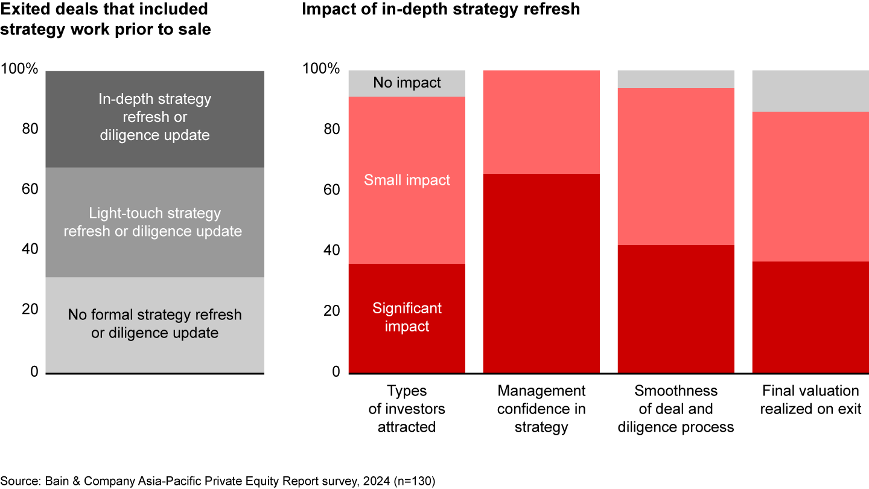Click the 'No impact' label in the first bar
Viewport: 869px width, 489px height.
pos(407,83)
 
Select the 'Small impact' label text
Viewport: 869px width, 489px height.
pos(407,180)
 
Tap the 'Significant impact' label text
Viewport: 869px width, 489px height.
pos(407,317)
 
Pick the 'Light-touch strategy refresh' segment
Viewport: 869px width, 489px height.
pos(154,222)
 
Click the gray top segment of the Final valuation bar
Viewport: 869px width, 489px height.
pos(810,91)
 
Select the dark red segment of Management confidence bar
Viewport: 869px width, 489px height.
pos(541,273)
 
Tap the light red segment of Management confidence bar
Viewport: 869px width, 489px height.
pos(541,122)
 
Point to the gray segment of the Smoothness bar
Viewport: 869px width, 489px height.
pos(676,79)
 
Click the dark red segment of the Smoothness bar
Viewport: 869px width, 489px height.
pos(676,308)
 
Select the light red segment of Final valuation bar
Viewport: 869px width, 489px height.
pos(810,187)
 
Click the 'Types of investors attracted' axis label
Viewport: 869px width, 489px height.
pos(407,409)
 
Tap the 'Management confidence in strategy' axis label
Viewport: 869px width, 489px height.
pos(541,409)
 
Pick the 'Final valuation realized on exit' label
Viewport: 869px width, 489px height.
pos(810,400)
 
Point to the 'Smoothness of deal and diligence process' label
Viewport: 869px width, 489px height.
pos(676,409)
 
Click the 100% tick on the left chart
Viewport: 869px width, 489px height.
pos(19,69)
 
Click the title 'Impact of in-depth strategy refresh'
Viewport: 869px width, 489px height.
pos(441,10)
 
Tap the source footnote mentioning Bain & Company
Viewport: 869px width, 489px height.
pos(218,481)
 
